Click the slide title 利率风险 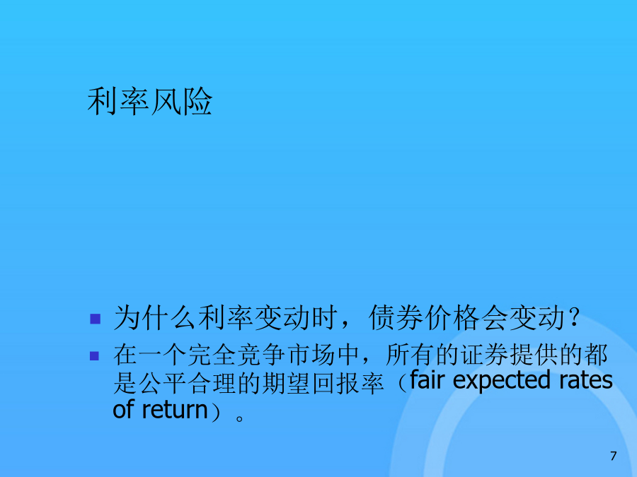coord(150,101)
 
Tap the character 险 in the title coord(197,101)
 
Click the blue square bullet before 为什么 coord(95,319)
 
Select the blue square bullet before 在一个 coord(94,355)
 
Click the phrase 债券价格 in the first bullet coord(424,317)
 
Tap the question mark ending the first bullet coord(574,317)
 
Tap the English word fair coord(429,380)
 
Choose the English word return coord(175,410)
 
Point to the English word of coord(123,409)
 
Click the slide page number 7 coord(614,456)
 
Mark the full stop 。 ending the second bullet coord(240,418)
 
